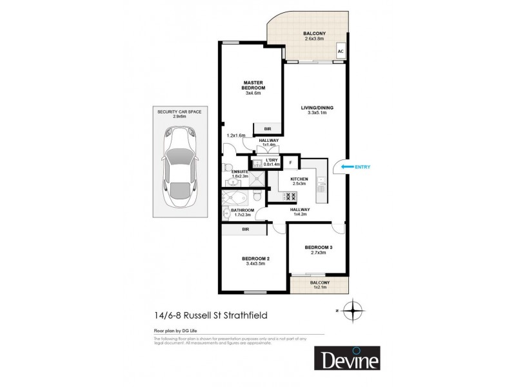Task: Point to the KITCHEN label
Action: pos(299,179)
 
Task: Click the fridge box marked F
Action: pos(290,163)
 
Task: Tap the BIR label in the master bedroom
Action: pos(267,129)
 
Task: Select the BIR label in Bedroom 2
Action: pos(245,229)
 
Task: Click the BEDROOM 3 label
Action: pos(318,247)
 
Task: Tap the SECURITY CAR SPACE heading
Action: pos(179,112)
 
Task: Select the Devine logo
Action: pos(347,359)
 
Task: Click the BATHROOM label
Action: pos(243,210)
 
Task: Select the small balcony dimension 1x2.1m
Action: pos(320,287)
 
